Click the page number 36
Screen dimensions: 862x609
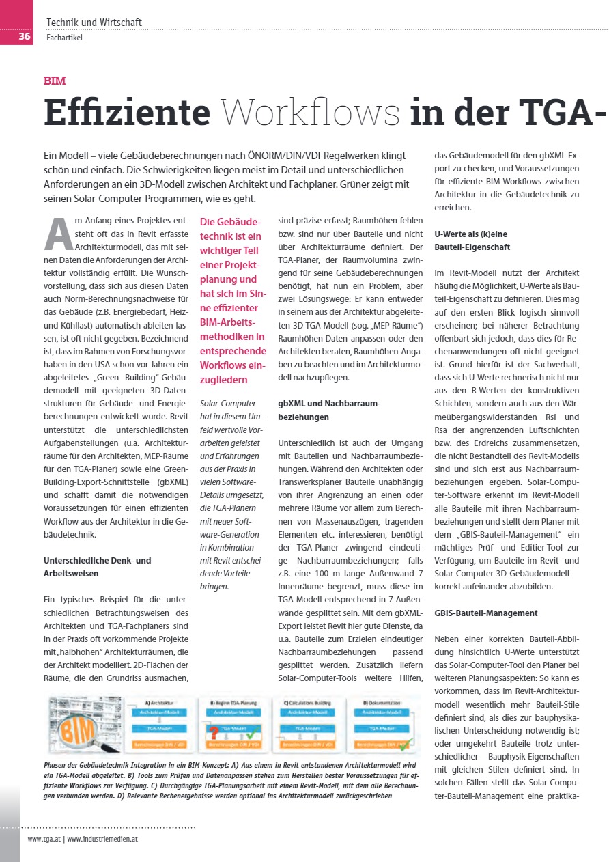[24, 36]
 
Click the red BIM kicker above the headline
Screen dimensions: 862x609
[55, 81]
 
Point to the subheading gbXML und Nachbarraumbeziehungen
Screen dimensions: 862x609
[329, 410]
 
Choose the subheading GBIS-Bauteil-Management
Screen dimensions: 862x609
[486, 613]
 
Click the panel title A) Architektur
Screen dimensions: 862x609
[160, 701]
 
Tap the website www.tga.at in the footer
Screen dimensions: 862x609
[44, 837]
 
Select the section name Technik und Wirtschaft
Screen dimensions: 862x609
[94, 23]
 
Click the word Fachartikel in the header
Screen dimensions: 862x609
[64, 38]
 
